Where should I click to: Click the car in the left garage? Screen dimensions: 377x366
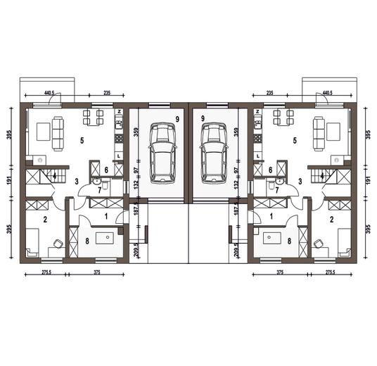pos(162,153)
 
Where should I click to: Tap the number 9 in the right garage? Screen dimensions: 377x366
pos(203,118)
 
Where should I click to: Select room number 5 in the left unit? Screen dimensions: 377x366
pos(82,141)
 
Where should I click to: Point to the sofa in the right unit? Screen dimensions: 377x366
pos(319,134)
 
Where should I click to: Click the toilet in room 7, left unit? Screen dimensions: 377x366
pos(105,185)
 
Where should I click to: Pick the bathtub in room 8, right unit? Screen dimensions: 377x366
pos(272,238)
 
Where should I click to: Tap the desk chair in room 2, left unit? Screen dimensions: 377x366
pos(58,244)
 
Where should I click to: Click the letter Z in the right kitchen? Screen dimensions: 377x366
pos(257,111)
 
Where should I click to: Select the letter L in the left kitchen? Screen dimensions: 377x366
pos(118,156)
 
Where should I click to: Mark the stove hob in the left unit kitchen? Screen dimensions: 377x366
pos(119,139)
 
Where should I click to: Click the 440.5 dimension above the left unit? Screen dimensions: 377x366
pos(49,93)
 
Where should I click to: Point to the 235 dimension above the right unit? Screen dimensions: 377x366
pos(270,93)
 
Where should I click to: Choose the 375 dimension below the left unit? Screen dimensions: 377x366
pos(96,272)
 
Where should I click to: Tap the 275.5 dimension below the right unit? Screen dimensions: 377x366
pos(330,272)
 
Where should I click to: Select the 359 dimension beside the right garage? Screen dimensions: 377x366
pos(236,132)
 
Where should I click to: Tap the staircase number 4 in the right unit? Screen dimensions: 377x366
pos(322,176)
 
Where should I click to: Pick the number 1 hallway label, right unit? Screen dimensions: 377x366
pos(271,217)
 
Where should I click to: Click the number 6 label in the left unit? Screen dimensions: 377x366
pos(106,170)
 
